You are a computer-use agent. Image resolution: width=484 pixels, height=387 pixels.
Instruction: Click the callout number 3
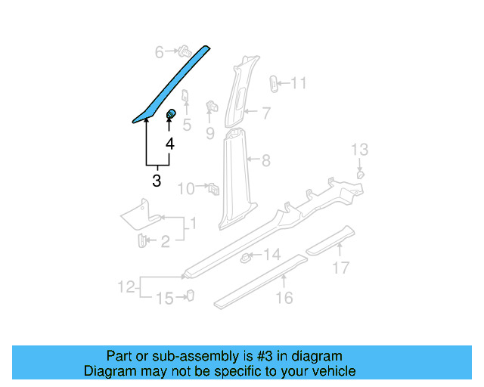pos(157,181)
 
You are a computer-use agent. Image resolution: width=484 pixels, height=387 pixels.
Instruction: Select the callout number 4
pos(170,144)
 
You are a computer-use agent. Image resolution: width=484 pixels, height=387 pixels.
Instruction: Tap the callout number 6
pos(160,52)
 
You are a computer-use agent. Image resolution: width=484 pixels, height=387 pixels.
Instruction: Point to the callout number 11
pos(299,83)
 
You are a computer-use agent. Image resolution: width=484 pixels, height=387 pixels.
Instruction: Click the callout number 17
pos(341,267)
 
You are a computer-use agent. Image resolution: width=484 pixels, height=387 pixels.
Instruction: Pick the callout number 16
pos(284,299)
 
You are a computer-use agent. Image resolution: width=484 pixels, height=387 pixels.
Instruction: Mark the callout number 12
pos(126,286)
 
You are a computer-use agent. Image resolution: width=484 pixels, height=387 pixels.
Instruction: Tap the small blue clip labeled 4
pos(171,115)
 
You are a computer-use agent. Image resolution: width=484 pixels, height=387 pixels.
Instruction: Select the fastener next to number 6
pos(181,51)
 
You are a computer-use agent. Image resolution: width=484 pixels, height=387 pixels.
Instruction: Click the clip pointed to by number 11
pos(275,82)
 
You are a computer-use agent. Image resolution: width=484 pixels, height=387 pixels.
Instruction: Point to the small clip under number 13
pos(361,175)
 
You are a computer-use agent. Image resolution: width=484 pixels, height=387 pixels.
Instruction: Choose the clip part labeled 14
pos(246,258)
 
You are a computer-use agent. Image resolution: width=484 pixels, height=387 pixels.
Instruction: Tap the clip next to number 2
pos(141,240)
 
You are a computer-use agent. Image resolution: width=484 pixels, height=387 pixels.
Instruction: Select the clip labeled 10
pos(213,186)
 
